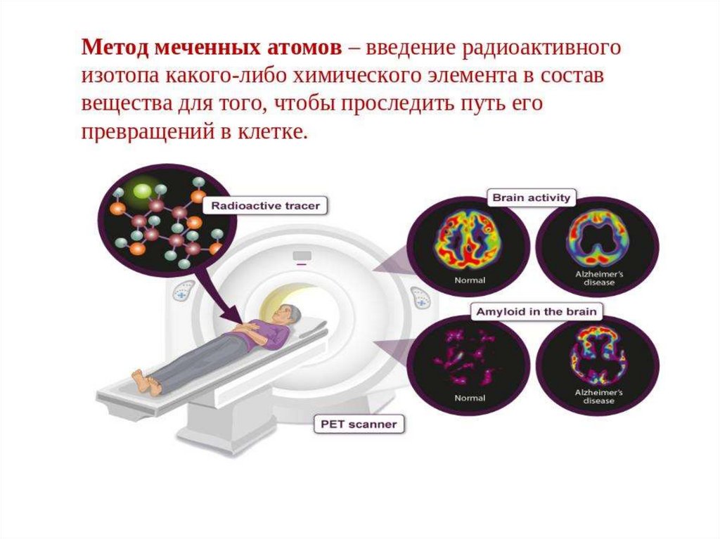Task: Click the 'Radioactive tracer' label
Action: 265,206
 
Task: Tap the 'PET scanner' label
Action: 358,424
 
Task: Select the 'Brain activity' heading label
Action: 531,197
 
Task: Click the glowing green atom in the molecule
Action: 143,190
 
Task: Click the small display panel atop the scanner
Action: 303,254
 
